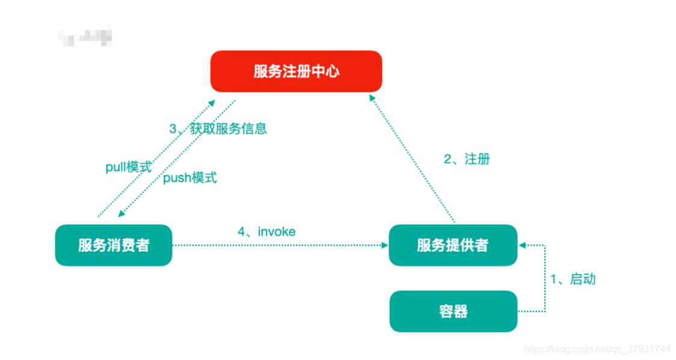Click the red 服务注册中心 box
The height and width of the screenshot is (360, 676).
(x=296, y=72)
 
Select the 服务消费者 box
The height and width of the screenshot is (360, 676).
(x=113, y=245)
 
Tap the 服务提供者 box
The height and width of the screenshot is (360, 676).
(x=452, y=245)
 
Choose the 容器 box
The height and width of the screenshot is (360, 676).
(x=453, y=311)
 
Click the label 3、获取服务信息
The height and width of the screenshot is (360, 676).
(x=218, y=129)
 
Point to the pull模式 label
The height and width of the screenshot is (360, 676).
(x=129, y=167)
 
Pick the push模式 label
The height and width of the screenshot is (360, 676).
(x=190, y=178)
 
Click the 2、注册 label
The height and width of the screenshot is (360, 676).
(x=467, y=159)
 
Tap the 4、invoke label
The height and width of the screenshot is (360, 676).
(x=266, y=231)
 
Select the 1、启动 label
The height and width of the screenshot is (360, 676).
(x=573, y=279)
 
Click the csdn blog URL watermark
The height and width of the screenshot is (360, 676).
(x=597, y=349)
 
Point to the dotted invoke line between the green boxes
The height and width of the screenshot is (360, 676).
(x=277, y=245)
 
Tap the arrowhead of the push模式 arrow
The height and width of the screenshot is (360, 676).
(x=121, y=214)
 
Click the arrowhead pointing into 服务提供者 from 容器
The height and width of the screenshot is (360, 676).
(x=522, y=245)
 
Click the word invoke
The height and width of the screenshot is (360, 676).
(x=277, y=231)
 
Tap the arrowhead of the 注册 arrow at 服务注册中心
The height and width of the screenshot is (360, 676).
(x=372, y=99)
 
